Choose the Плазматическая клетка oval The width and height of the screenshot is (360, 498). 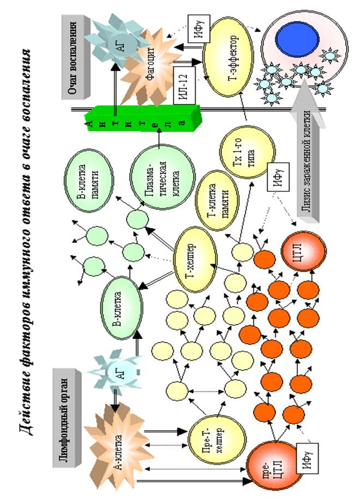156,167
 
